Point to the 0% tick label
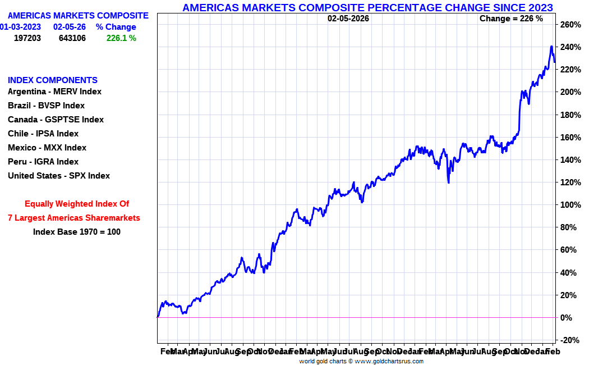[567, 318]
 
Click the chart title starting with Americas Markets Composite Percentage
[367, 7]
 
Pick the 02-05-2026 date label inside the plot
[348, 19]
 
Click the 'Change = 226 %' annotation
[511, 19]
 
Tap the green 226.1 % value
[121, 38]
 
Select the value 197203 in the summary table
[28, 38]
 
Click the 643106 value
[72, 38]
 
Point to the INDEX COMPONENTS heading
[53, 80]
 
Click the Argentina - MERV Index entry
[54, 92]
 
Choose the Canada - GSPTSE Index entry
[56, 120]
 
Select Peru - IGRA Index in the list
[43, 162]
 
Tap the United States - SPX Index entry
[59, 176]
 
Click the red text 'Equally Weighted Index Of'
[77, 204]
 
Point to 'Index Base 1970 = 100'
[77, 231]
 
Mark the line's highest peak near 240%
[551, 47]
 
